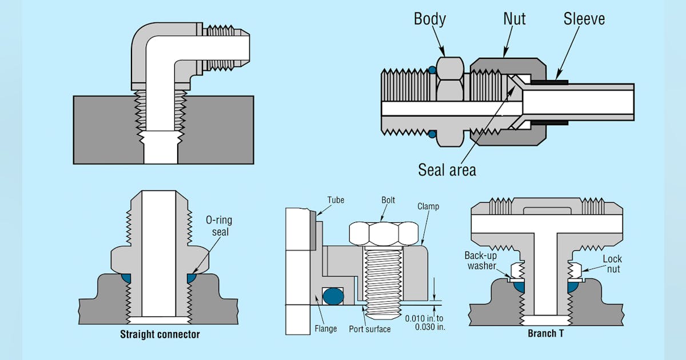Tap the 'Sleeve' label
584,19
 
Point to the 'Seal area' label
447,170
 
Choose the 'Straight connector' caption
159,334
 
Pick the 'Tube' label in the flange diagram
336,200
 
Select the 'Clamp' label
428,206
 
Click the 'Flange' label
325,329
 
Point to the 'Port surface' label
370,329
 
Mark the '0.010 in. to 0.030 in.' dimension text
424,323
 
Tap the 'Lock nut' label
612,263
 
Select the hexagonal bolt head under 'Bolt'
384,231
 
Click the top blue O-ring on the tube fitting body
433,70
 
